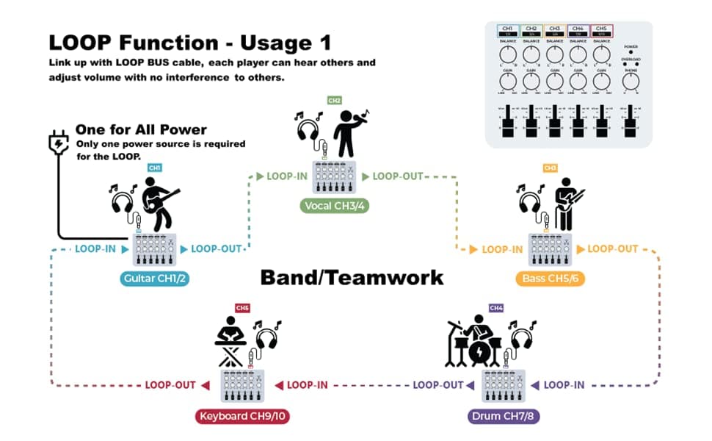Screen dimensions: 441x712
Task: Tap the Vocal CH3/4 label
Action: pos(334,206)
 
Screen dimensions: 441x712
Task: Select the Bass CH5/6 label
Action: pos(550,279)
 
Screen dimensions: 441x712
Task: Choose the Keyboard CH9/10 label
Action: pos(244,416)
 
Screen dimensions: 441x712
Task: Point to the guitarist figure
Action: pos(158,202)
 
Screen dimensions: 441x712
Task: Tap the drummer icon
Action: pos(478,341)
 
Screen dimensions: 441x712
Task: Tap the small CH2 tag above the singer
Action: pos(334,100)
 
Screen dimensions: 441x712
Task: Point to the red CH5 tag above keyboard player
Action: pos(242,307)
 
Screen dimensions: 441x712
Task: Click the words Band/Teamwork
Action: pos(352,277)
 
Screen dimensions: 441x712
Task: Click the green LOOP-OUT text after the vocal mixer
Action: pos(398,176)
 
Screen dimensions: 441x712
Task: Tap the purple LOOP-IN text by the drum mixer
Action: pos(564,384)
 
